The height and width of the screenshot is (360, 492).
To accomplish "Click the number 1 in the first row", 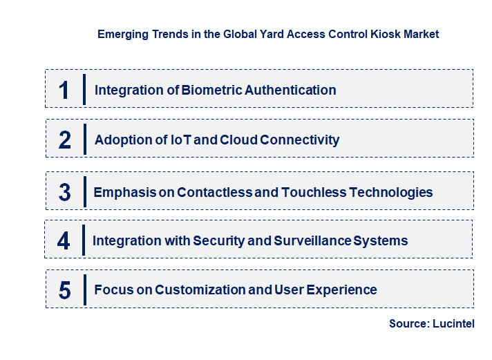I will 64,90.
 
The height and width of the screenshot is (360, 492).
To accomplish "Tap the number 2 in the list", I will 65,140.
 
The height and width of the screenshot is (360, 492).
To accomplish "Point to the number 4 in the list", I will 64,241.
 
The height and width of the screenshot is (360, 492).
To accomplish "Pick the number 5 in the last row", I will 65,290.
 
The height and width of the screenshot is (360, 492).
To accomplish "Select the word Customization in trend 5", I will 200,290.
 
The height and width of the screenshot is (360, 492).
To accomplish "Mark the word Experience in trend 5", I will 344,290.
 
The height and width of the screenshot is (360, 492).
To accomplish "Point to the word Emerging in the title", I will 120,34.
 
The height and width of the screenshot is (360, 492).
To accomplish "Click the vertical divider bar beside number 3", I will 83,191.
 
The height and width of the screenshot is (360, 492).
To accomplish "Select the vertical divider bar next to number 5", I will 84,289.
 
